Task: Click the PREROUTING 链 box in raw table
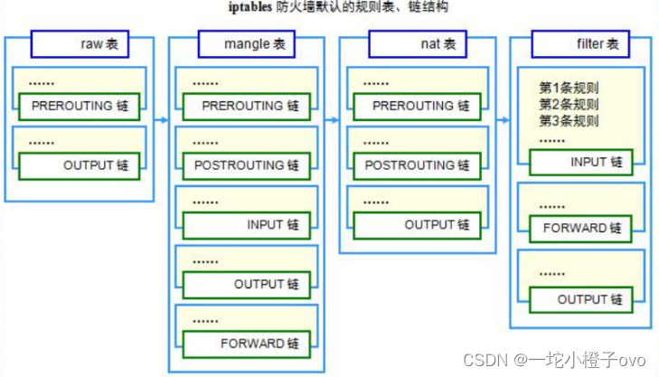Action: [80, 106]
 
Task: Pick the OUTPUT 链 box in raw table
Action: [80, 165]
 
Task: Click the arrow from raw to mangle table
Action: [160, 118]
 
